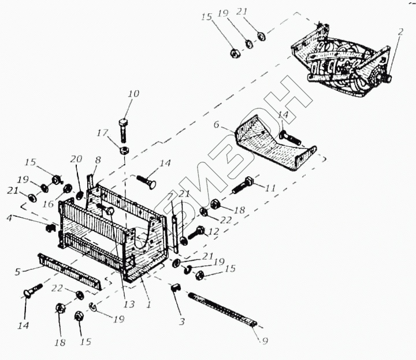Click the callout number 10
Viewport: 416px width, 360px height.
pos(133,94)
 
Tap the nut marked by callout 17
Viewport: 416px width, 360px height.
pos(124,150)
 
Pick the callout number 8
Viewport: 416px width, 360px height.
pos(97,160)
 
